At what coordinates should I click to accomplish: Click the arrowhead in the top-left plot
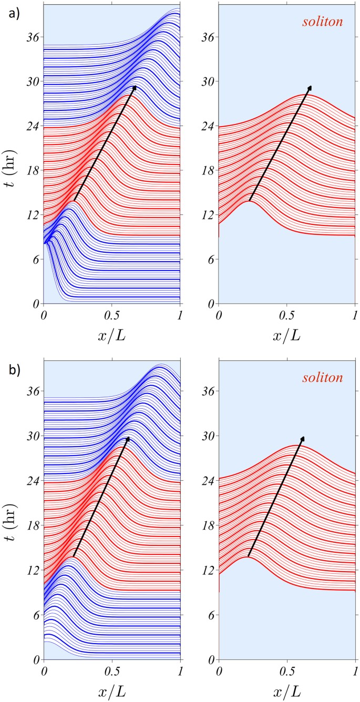tap(134, 88)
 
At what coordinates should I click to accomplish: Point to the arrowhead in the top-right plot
tap(309, 88)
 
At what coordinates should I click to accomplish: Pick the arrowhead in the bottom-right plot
tap(302, 439)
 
